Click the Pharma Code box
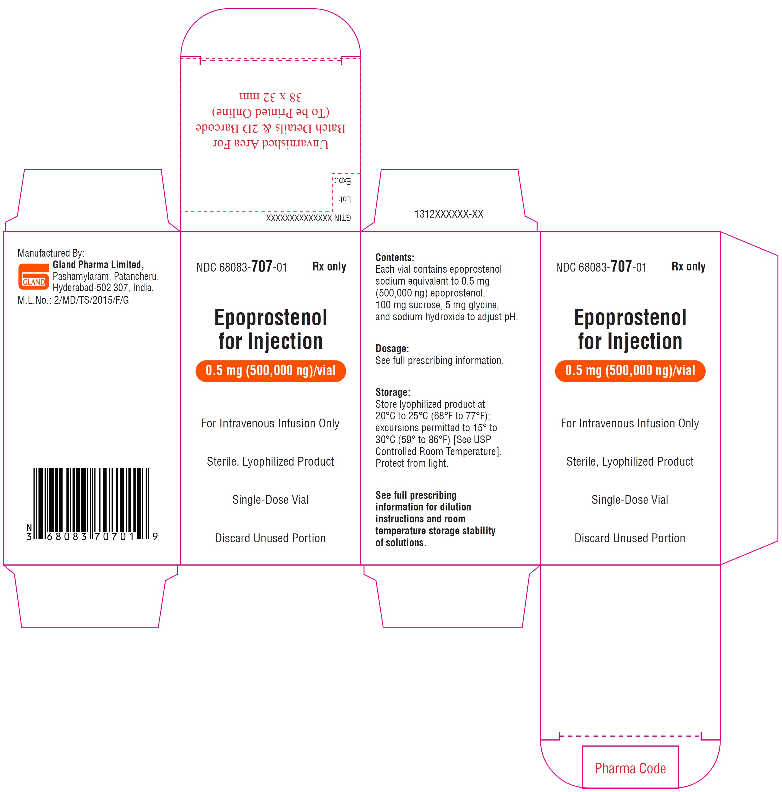[x=630, y=768]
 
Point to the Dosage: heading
[x=392, y=349]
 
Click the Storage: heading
[x=392, y=392]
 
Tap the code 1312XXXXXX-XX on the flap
[x=448, y=214]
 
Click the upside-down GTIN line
[x=308, y=218]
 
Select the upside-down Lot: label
[x=344, y=199]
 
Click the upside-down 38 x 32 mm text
[x=270, y=97]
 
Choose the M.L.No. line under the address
[x=73, y=300]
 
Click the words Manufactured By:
[x=51, y=253]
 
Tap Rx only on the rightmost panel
[x=688, y=267]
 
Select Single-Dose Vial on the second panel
[x=270, y=500]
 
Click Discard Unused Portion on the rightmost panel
[x=629, y=538]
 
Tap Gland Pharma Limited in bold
[x=97, y=265]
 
